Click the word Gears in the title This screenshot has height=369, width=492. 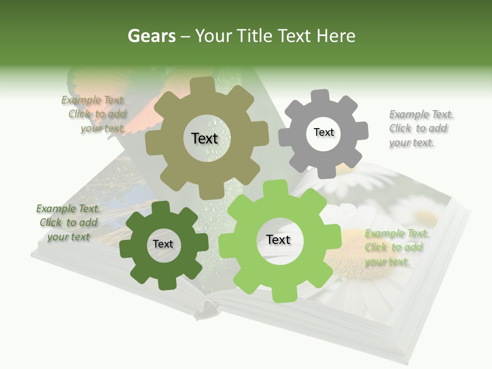pyautogui.click(x=151, y=36)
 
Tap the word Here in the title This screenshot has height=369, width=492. pyautogui.click(x=336, y=36)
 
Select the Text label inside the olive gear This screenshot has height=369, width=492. pyautogui.click(x=204, y=138)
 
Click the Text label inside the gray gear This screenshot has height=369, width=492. pyautogui.click(x=323, y=132)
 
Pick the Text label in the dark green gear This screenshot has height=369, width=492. pyautogui.click(x=163, y=244)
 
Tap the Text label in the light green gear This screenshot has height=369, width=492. pyautogui.click(x=278, y=240)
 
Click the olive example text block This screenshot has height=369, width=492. pyautogui.click(x=95, y=114)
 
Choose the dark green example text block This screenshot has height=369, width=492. pyautogui.click(x=68, y=222)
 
